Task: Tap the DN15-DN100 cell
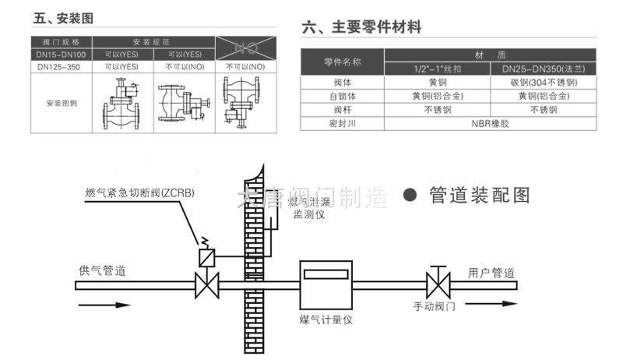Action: click(x=62, y=55)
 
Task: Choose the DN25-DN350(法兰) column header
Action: click(x=544, y=69)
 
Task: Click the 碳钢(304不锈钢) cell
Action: click(x=544, y=83)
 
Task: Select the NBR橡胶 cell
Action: click(x=489, y=123)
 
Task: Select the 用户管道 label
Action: click(x=491, y=273)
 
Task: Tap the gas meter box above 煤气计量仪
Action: click(x=327, y=284)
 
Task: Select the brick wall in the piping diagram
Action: click(x=254, y=257)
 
